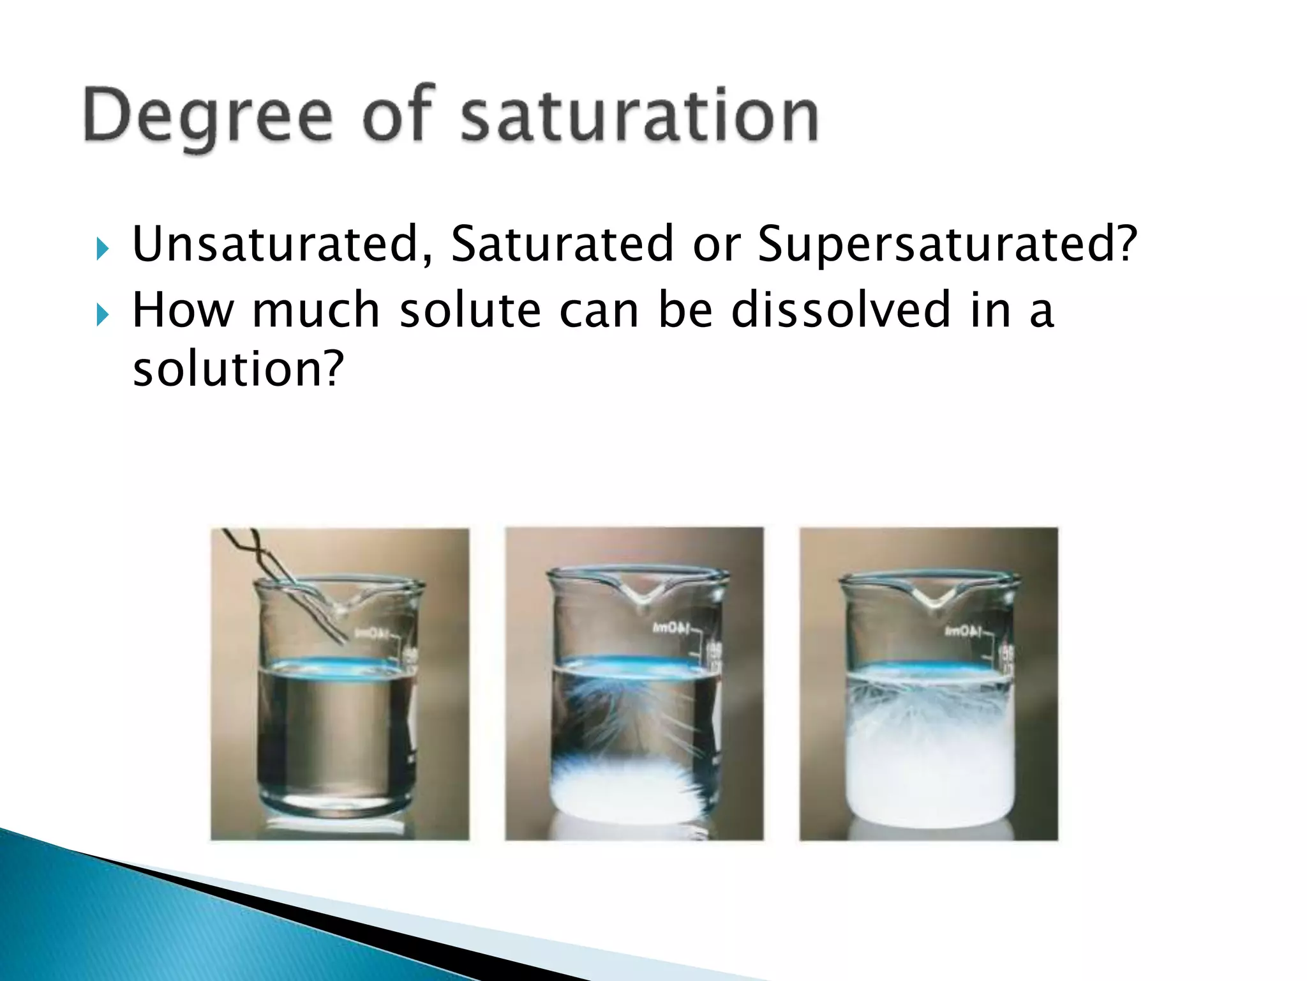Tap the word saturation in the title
point(639,116)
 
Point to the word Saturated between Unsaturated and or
point(562,244)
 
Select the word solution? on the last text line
point(238,369)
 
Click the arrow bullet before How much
point(102,314)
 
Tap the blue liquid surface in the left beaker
point(335,664)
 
